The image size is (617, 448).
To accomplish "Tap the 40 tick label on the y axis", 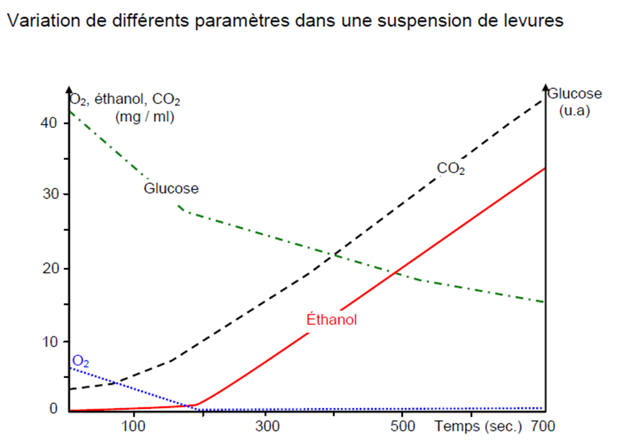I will (x=50, y=123).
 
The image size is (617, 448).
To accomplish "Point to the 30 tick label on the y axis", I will (x=50, y=195).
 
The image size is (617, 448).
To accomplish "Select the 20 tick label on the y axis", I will (x=50, y=268).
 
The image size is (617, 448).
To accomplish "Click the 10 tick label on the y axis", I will (x=50, y=342).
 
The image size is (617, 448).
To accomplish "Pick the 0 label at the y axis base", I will (x=54, y=409).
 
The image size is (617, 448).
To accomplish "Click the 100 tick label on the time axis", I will (x=133, y=428).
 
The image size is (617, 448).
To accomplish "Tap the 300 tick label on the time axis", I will (x=266, y=428).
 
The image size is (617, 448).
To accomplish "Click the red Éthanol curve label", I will (x=332, y=321).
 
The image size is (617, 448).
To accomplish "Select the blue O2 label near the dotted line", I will (x=81, y=360).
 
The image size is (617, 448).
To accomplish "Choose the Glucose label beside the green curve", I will (x=171, y=189).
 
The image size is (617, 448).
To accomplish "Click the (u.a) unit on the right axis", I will (x=575, y=110).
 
